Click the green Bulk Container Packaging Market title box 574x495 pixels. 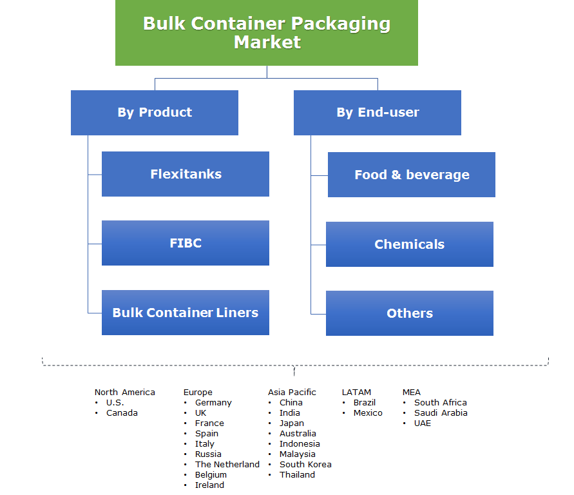coord(266,33)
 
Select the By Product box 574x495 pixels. coord(155,112)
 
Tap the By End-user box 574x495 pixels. coord(378,113)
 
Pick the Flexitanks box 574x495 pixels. coord(186,174)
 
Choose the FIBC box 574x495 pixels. coord(186,243)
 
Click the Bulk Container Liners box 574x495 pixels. coord(186,313)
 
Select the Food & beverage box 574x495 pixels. coord(412,175)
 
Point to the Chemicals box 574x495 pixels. coord(410,244)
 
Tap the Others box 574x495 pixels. coord(410,313)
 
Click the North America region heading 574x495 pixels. coord(124,392)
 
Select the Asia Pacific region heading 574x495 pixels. coord(292,392)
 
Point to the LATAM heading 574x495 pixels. coord(356,392)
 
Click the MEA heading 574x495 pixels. coord(411,392)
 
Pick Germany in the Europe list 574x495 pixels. coord(213,402)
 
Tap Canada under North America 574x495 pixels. coord(122,412)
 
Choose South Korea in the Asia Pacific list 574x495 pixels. coord(305,464)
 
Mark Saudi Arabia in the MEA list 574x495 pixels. coord(441,412)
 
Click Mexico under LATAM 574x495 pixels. coord(368,412)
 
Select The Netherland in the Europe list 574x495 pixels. coord(227,464)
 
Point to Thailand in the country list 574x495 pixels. coord(297,474)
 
